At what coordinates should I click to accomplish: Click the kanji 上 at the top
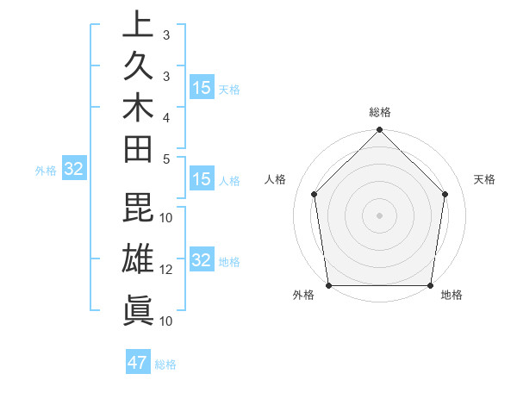click(138, 24)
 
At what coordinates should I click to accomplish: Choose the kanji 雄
click(138, 259)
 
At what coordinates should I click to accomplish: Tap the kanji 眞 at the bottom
click(138, 308)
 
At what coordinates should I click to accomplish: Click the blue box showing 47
click(138, 363)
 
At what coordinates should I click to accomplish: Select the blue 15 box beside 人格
click(202, 180)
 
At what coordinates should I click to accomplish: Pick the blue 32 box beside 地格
click(202, 260)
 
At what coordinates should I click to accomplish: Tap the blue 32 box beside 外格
click(74, 170)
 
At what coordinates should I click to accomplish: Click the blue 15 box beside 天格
click(202, 88)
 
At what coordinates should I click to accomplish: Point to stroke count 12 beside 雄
click(166, 270)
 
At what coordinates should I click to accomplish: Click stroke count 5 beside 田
click(166, 159)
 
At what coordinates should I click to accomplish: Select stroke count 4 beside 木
click(166, 116)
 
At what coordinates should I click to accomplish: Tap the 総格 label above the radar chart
click(380, 113)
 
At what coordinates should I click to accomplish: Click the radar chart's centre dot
click(379, 215)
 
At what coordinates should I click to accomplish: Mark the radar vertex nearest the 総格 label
click(379, 131)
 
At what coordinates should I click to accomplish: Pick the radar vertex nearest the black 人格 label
click(315, 194)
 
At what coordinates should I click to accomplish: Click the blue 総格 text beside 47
click(165, 364)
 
